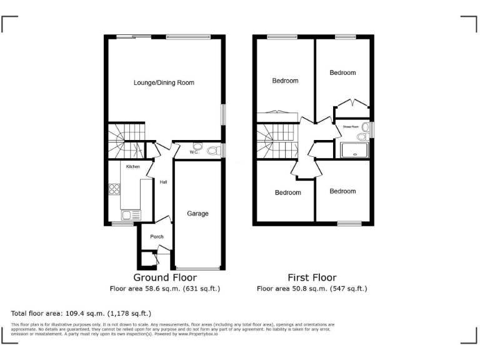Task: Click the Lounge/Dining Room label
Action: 164,82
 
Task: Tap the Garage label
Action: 197,214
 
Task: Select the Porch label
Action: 156,237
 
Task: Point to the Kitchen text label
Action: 133,167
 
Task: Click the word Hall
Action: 163,182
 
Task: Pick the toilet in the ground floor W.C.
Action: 212,151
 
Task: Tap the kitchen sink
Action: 130,215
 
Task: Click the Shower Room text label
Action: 351,126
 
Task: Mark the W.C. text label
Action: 193,152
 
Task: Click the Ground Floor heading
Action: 165,277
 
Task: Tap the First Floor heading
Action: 312,277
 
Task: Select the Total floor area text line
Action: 81,312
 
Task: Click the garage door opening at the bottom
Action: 197,268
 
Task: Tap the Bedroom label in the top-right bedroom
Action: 342,72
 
